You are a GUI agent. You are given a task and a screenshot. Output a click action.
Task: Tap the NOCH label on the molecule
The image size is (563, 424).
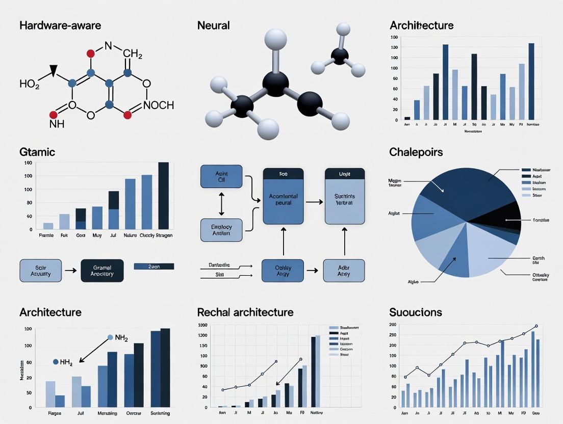click(x=159, y=105)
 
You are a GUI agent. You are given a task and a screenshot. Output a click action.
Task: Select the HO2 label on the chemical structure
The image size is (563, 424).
click(x=29, y=84)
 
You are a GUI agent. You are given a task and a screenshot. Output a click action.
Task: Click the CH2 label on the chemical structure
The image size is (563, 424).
click(x=133, y=54)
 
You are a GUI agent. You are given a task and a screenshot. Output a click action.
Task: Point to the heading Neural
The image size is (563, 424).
click(x=213, y=25)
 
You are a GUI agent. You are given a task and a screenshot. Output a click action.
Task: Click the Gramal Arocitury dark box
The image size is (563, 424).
click(x=102, y=271)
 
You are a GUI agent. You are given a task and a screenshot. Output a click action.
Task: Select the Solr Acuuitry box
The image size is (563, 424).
click(x=40, y=271)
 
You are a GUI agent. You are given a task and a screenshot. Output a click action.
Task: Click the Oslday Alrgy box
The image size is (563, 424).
click(x=283, y=271)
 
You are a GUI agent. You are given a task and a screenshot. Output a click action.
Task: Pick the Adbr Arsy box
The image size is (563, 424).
click(x=344, y=271)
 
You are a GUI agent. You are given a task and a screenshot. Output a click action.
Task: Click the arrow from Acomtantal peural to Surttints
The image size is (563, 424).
click(x=314, y=202)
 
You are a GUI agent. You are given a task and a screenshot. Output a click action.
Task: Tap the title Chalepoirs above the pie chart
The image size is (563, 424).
click(x=416, y=152)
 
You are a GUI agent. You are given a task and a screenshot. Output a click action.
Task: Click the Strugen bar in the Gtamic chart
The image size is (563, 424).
click(x=164, y=196)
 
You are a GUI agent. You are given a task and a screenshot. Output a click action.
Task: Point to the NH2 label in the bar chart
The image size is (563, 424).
click(x=121, y=337)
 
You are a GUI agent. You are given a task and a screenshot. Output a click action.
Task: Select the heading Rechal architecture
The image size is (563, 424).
click(x=245, y=312)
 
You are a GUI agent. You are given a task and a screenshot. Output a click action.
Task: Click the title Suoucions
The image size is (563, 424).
click(x=415, y=312)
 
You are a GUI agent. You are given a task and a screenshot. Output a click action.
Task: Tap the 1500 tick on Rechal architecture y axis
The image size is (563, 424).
click(x=202, y=325)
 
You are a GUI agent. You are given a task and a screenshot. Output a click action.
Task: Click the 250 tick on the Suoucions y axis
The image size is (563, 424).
click(x=392, y=335)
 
